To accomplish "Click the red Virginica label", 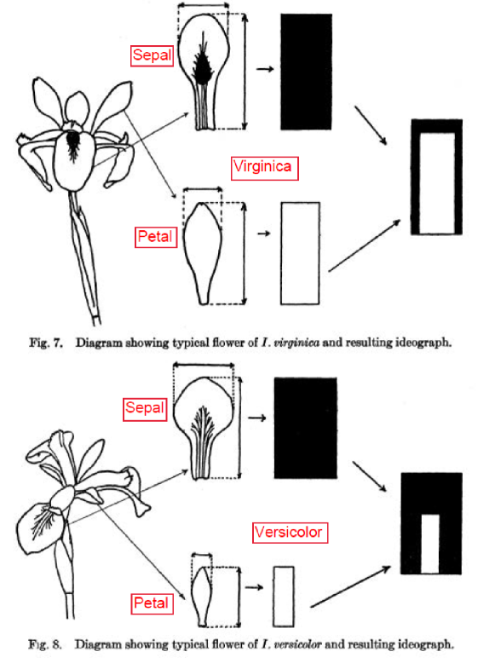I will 265,166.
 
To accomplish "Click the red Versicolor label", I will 289,533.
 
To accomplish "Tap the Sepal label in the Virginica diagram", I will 153,56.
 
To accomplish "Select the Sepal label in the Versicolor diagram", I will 144,408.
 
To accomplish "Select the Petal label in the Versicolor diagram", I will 152,604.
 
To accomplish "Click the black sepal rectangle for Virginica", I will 306,72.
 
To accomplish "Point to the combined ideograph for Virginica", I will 436,177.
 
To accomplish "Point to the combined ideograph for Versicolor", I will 430,522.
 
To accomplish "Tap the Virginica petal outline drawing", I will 202,251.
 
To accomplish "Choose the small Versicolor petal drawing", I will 202,595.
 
